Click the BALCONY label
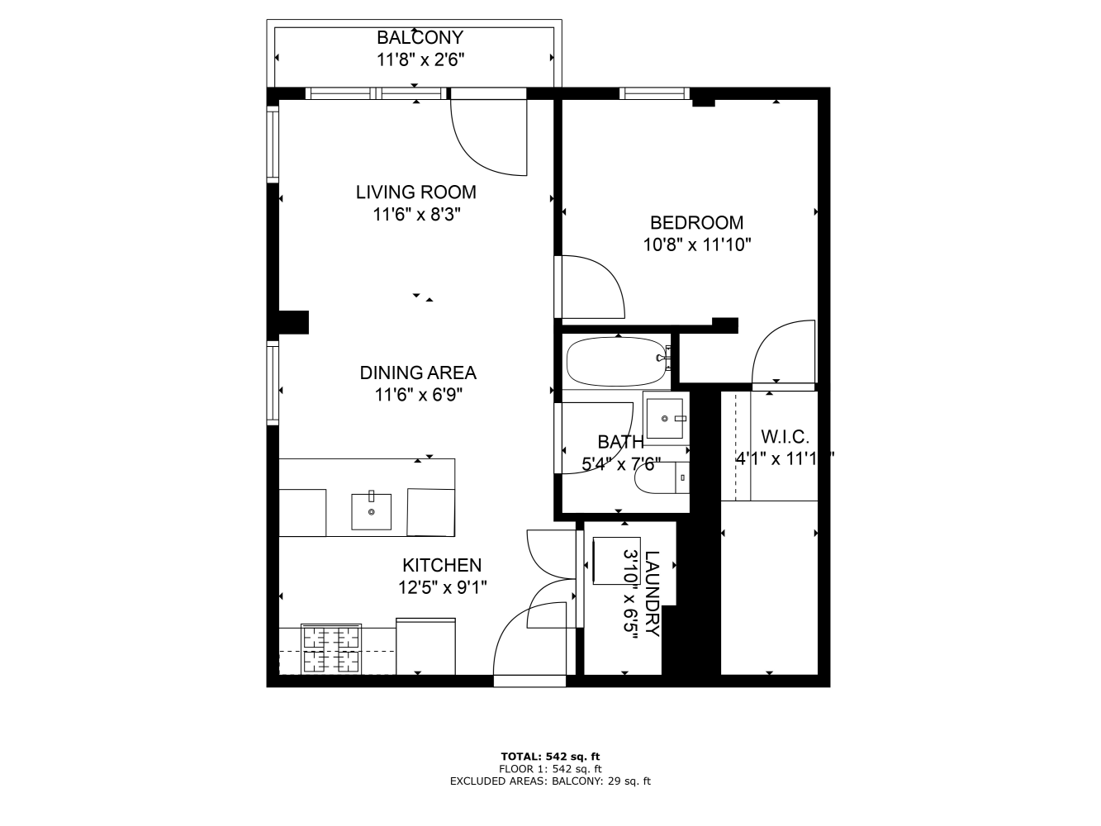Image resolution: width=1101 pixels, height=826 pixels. (x=420, y=37)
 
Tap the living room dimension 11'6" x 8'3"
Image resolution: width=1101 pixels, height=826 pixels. (x=415, y=215)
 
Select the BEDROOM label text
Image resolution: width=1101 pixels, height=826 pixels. (x=696, y=222)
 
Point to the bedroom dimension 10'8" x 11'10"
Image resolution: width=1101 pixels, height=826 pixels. (x=696, y=244)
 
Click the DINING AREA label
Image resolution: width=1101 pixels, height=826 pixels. (x=418, y=373)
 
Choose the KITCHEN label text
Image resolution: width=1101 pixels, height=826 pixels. (x=442, y=565)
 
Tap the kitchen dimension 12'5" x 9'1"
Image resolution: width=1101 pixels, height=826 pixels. (x=442, y=587)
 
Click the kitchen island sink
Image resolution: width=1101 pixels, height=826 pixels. (x=372, y=511)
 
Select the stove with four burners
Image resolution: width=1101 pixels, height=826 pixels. (x=331, y=649)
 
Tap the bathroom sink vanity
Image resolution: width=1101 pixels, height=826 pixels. (x=665, y=419)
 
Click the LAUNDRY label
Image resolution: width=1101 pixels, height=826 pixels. (x=652, y=593)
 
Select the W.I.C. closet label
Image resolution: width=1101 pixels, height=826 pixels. (x=784, y=437)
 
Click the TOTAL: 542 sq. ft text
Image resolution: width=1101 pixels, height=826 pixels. (x=550, y=756)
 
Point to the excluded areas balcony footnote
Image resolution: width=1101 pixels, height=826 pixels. (x=550, y=781)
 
